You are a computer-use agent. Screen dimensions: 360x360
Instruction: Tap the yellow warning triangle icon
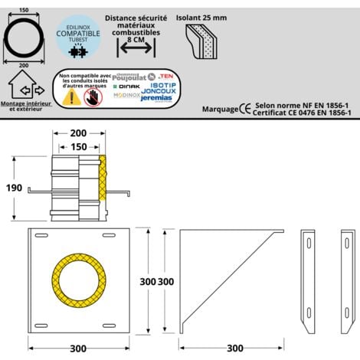tap(72, 97)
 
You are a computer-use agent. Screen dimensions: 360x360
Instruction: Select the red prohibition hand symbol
tap(93, 97)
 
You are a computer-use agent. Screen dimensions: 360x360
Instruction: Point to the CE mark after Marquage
tap(244, 109)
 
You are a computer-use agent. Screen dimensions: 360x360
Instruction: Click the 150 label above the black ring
tap(25, 9)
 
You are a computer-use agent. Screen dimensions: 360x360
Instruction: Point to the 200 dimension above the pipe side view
tap(79, 133)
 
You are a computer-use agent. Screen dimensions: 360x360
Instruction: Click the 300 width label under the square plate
tap(79, 349)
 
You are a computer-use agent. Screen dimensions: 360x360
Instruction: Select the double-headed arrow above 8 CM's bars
tap(135, 47)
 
